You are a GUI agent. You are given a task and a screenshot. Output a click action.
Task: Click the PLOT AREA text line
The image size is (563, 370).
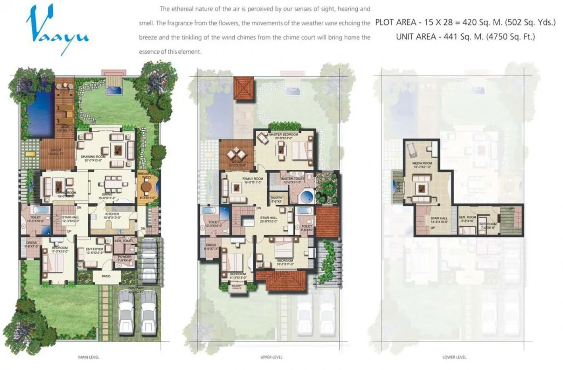[465, 23]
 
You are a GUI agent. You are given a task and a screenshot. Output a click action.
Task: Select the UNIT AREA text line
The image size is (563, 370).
[465, 37]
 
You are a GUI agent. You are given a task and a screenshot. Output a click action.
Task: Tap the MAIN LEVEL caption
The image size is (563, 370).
[89, 357]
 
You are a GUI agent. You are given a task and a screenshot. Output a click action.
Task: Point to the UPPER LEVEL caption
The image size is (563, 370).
[271, 357]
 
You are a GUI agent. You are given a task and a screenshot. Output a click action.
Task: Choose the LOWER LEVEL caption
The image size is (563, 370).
[454, 357]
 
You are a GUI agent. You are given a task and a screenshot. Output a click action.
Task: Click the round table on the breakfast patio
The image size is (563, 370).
[147, 187]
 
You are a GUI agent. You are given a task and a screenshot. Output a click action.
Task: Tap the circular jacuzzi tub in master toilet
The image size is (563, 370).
[306, 197]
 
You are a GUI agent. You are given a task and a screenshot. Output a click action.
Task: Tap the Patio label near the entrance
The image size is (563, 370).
[106, 276]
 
